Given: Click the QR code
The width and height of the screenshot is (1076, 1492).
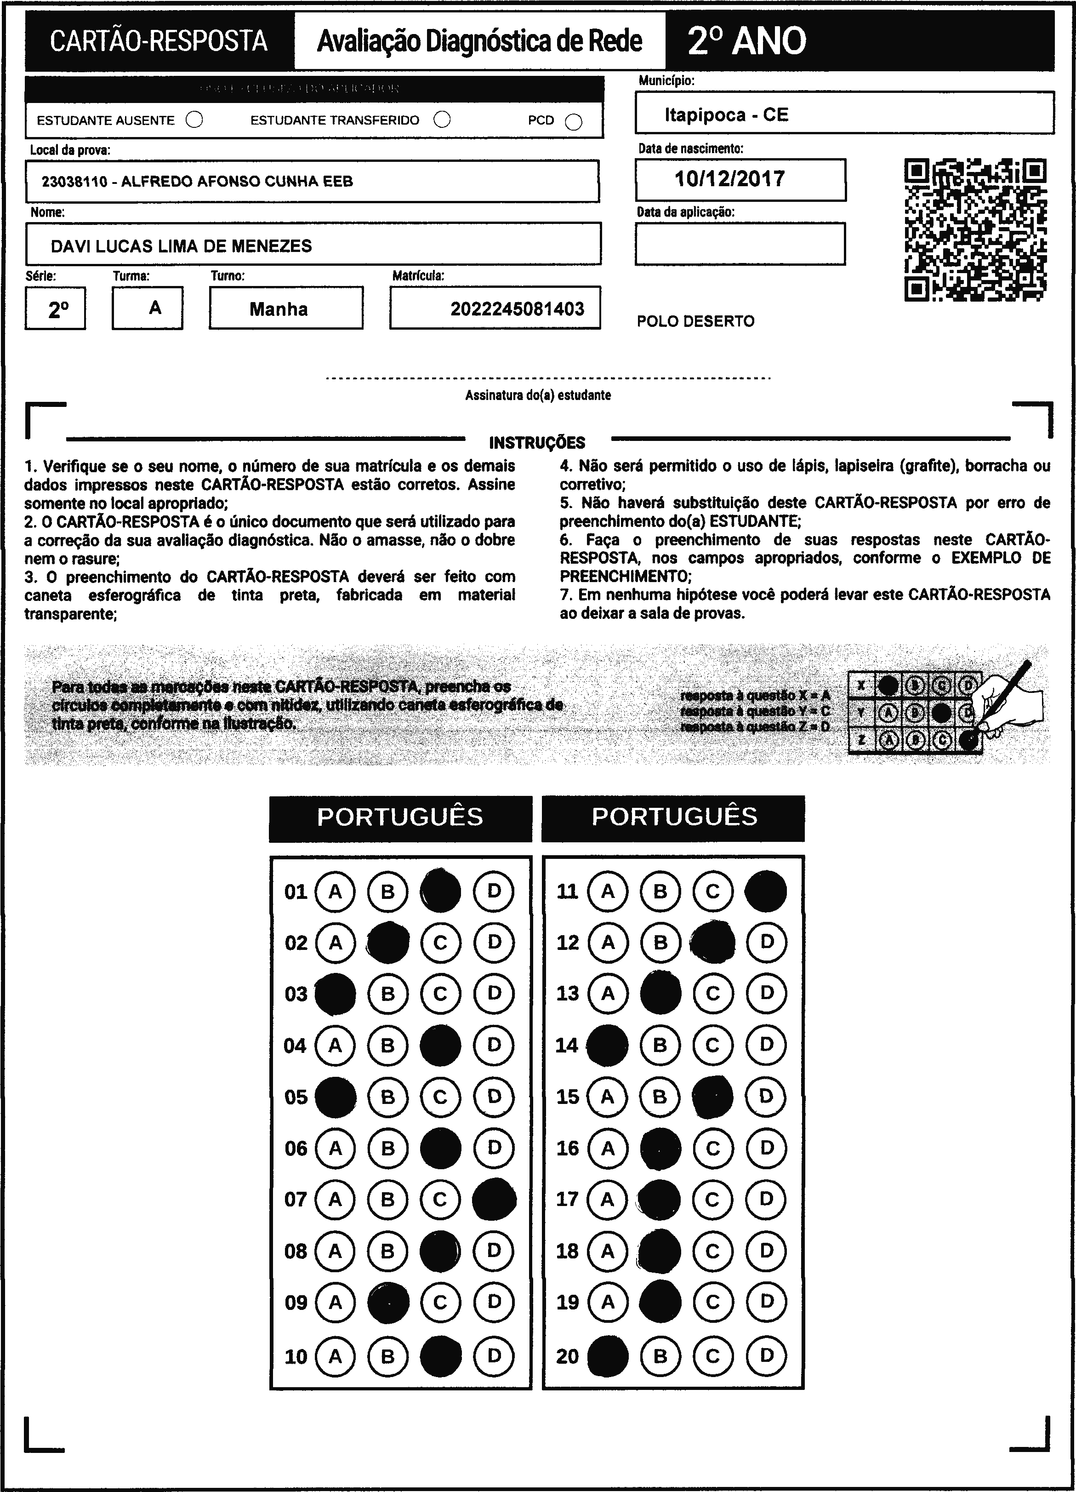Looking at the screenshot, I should (975, 229).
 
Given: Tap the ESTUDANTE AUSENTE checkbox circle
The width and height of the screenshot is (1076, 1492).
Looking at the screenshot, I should (194, 120).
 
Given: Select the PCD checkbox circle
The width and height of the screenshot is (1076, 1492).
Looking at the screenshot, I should (574, 122).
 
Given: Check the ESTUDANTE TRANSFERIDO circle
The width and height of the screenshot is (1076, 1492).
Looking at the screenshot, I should (442, 119).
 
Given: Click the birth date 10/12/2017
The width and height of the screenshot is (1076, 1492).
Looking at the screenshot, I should (729, 179).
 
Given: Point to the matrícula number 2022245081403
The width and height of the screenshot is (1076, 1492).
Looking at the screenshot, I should (517, 309).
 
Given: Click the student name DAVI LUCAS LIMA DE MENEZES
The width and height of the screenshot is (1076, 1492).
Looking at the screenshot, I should (181, 246).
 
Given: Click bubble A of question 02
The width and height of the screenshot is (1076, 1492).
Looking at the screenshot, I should (336, 943).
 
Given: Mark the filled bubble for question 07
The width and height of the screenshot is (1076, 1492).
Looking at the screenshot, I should (494, 1199).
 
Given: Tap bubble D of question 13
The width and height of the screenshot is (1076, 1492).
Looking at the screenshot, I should (766, 993).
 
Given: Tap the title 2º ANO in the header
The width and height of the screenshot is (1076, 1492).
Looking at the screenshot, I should (746, 41).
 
